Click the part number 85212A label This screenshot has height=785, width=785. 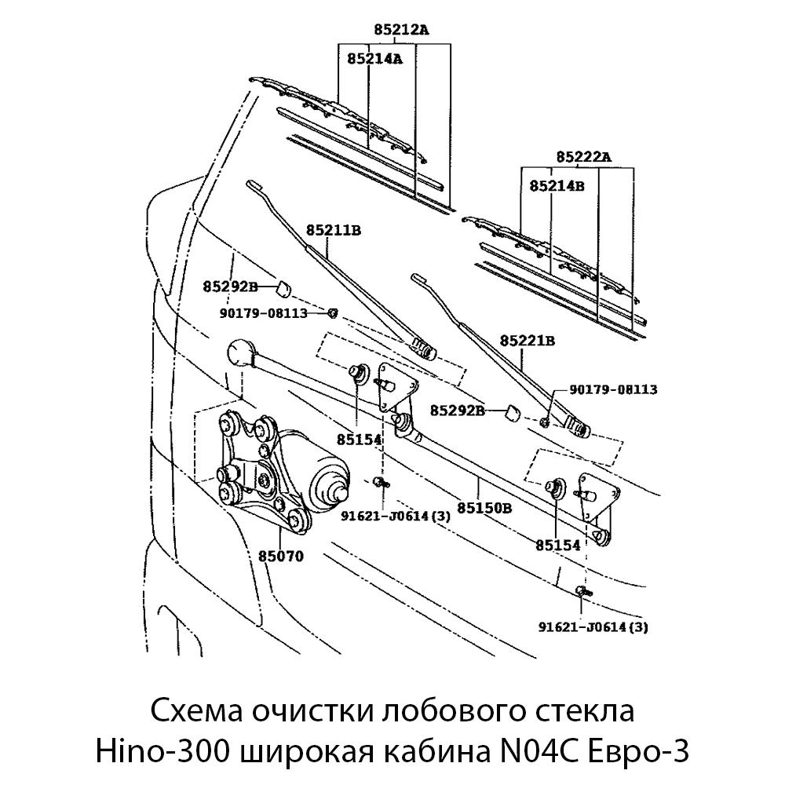click(x=401, y=31)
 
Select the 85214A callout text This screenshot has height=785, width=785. click(x=374, y=58)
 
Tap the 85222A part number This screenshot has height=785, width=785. click(x=583, y=157)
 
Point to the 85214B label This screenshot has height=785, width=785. click(x=557, y=186)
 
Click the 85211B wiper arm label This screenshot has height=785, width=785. click(x=333, y=230)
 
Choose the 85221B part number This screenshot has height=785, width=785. click(x=528, y=341)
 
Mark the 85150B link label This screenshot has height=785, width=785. click(x=484, y=507)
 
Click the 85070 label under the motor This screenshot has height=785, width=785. click(x=280, y=556)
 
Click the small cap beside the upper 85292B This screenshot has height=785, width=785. click(x=283, y=286)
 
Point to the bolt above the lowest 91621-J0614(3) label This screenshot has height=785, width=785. click(x=582, y=591)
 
